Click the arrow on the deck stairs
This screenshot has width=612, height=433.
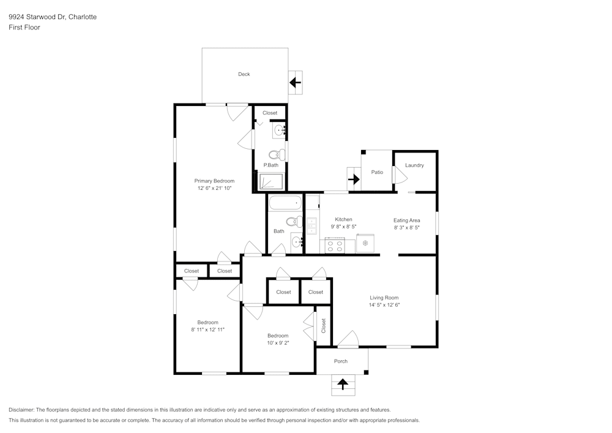[296, 81]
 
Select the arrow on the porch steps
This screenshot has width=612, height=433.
[342, 385]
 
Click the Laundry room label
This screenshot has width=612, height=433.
[414, 165]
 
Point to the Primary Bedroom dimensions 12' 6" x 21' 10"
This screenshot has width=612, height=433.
[214, 189]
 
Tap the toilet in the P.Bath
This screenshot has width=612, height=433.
[274, 155]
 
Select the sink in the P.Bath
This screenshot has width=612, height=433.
[279, 130]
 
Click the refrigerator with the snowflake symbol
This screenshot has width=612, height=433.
[365, 243]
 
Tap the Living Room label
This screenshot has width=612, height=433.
[384, 298]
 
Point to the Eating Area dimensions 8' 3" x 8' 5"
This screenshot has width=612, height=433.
[406, 227]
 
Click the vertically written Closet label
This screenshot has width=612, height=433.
[323, 326]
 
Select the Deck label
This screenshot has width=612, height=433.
[244, 74]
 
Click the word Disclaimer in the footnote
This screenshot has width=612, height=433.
[21, 410]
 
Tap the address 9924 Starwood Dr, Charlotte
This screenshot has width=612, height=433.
[52, 17]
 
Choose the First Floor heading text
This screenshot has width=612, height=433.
[24, 28]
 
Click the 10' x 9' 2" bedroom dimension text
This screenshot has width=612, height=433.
[278, 343]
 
